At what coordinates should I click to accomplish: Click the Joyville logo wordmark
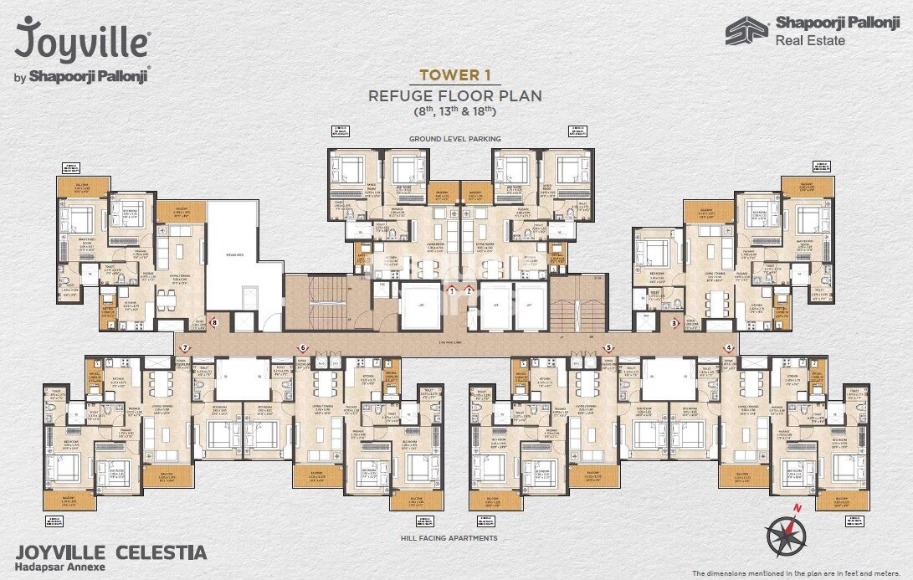pyautogui.click(x=82, y=40)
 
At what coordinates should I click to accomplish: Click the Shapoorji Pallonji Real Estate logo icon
pyautogui.click(x=746, y=31)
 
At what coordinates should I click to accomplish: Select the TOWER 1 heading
pyautogui.click(x=454, y=74)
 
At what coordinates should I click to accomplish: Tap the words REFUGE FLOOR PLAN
pyautogui.click(x=454, y=95)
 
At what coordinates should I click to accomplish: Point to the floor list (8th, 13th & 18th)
pyautogui.click(x=454, y=110)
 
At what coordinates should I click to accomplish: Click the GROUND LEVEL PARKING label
pyautogui.click(x=454, y=138)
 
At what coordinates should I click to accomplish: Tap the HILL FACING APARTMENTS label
pyautogui.click(x=454, y=538)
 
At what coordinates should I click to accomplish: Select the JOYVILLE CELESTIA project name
pyautogui.click(x=111, y=552)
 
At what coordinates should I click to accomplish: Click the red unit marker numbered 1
pyautogui.click(x=452, y=290)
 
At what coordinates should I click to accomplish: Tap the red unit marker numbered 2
pyautogui.click(x=469, y=290)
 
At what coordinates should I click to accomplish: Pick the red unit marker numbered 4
pyautogui.click(x=729, y=346)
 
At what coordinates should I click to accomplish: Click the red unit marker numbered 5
pyautogui.click(x=608, y=346)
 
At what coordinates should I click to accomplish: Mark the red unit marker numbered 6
pyautogui.click(x=303, y=346)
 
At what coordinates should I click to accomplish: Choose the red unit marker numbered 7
pyautogui.click(x=185, y=346)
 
